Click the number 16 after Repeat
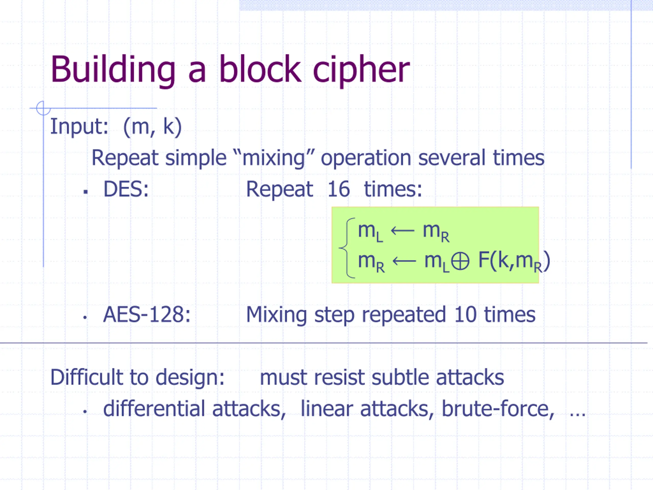[x=338, y=189]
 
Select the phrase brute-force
[x=498, y=409]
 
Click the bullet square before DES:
[x=86, y=192]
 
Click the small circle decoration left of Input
[x=43, y=108]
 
